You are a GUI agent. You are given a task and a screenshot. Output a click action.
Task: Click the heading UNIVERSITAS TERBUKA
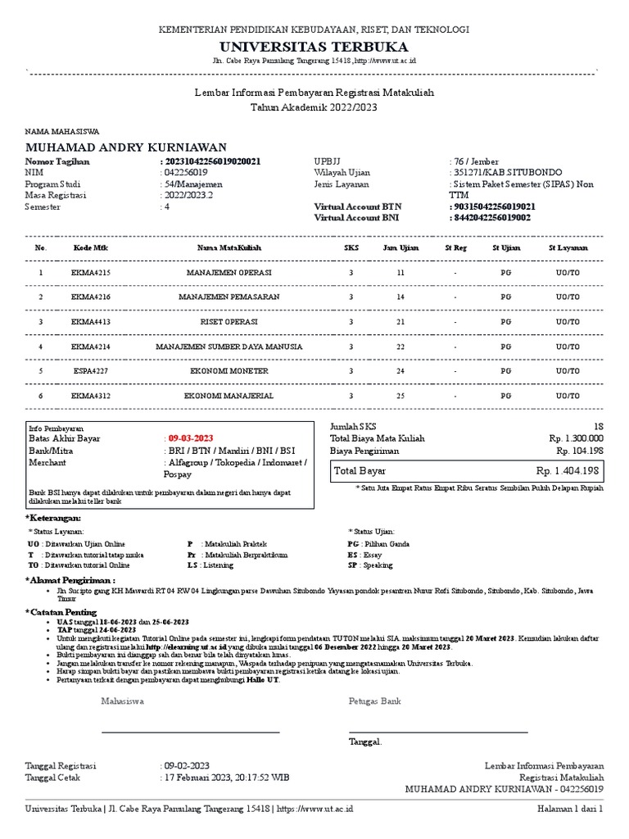pos(314,46)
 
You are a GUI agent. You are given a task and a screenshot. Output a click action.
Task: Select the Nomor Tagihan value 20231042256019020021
pos(213,162)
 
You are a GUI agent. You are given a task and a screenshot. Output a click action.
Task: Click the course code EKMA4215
pos(90,271)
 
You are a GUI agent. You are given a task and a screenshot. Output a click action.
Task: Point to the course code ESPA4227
pos(90,372)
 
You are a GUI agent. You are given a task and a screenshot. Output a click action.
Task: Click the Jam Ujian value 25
pos(400,397)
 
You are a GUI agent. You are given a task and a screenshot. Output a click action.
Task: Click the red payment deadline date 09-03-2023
pos(190,438)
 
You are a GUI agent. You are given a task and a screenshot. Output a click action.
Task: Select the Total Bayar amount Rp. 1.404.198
pos(569,472)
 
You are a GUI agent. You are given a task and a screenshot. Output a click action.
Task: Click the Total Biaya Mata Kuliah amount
pos(576,438)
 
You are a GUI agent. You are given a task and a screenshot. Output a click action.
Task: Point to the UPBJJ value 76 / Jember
pos(474,162)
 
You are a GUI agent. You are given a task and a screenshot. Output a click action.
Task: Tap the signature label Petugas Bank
pos(375,701)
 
